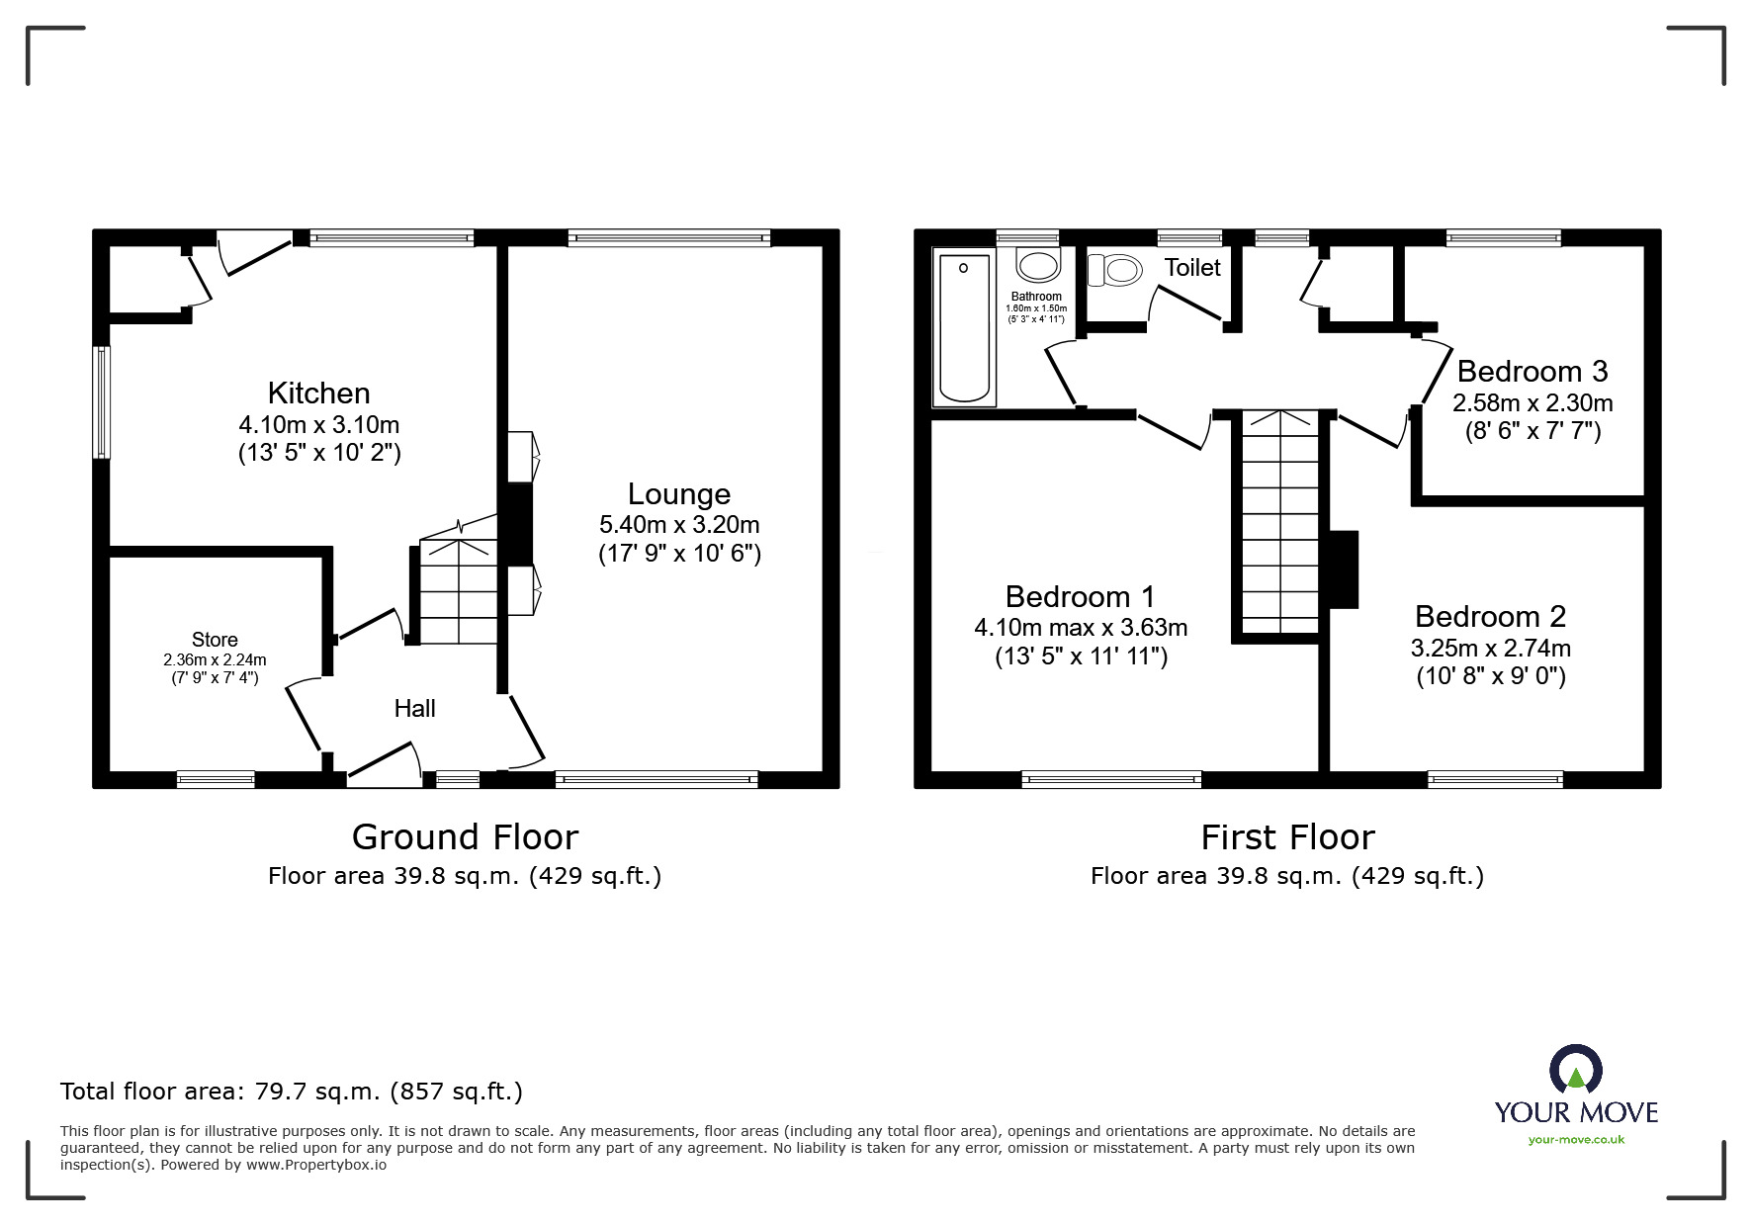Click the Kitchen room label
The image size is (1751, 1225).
tap(318, 393)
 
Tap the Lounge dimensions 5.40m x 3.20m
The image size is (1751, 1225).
tap(679, 524)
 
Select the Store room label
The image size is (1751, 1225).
tap(215, 640)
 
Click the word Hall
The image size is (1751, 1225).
tap(414, 708)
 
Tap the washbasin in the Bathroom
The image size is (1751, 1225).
tap(1037, 265)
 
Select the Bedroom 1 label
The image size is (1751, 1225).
tap(1080, 596)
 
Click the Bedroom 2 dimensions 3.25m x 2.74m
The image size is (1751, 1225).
tap(1490, 648)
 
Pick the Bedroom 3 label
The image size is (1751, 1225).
tap(1532, 371)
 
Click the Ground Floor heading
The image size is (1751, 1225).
tap(465, 837)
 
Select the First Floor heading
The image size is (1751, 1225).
tap(1287, 837)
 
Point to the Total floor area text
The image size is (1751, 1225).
tap(292, 1092)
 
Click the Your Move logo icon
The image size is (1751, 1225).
tap(1575, 1070)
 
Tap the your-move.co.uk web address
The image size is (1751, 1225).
tap(1576, 1140)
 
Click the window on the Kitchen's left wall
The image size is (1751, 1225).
tap(101, 401)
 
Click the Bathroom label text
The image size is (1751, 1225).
tap(1036, 296)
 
